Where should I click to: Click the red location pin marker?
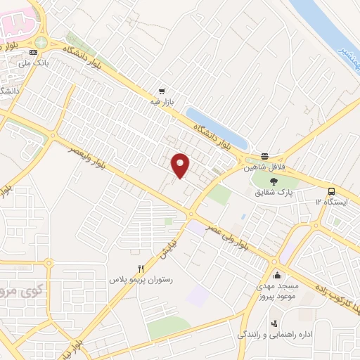[181, 165]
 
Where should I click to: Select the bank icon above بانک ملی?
[32, 53]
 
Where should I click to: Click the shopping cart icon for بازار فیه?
[162, 91]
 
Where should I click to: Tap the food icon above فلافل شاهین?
[264, 156]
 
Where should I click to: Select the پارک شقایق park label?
[274, 191]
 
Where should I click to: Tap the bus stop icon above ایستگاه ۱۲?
[330, 191]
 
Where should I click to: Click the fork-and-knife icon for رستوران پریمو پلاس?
[141, 268]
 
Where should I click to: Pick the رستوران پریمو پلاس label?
[141, 280]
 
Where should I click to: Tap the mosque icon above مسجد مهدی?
[276, 274]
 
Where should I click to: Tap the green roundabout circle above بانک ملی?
[41, 42]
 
